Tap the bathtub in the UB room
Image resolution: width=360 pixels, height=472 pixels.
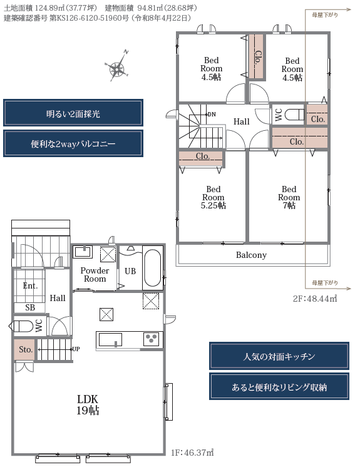(152, 268)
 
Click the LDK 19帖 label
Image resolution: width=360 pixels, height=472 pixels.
(88, 404)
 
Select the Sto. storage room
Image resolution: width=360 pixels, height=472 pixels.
(25, 349)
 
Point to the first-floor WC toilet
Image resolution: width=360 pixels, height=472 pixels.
(23, 326)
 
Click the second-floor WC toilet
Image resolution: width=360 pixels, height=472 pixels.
(294, 115)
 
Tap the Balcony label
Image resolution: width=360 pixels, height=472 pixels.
(251, 255)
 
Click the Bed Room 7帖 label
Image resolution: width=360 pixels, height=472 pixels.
(289, 197)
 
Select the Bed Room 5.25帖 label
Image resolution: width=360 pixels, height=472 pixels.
(213, 197)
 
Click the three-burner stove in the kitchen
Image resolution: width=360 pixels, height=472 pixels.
(152, 339)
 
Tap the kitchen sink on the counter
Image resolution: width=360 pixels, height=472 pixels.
(110, 339)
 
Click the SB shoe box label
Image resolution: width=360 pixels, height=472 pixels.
(30, 307)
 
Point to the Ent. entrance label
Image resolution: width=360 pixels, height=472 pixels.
(30, 285)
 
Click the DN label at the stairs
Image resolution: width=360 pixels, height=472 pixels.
(212, 115)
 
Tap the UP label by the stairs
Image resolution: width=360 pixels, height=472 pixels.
(76, 349)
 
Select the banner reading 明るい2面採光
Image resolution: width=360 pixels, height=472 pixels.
(73, 113)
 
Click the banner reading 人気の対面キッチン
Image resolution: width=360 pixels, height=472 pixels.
(279, 356)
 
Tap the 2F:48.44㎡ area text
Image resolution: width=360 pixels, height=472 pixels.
(315, 299)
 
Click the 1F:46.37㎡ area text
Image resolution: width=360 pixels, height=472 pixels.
(192, 453)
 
